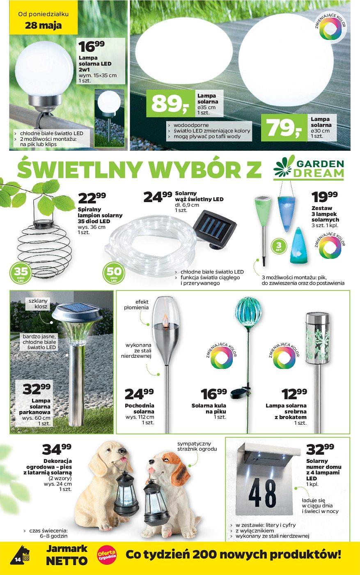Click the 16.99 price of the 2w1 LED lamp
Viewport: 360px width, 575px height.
click(92, 46)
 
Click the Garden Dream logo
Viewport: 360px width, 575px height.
click(309, 168)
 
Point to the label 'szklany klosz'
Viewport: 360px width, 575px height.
click(38, 304)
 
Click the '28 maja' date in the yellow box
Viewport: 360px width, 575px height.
click(43, 25)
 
